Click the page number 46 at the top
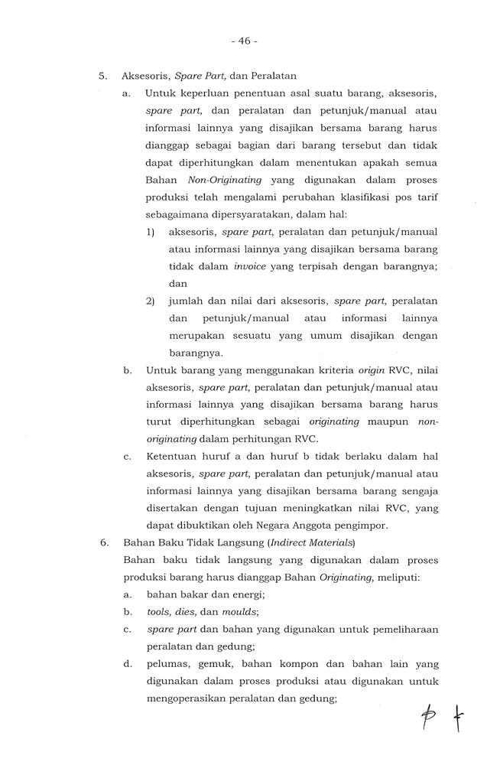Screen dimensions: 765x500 pos(249,41)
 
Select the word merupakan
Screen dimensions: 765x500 pos(194,336)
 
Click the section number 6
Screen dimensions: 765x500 pos(102,542)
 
